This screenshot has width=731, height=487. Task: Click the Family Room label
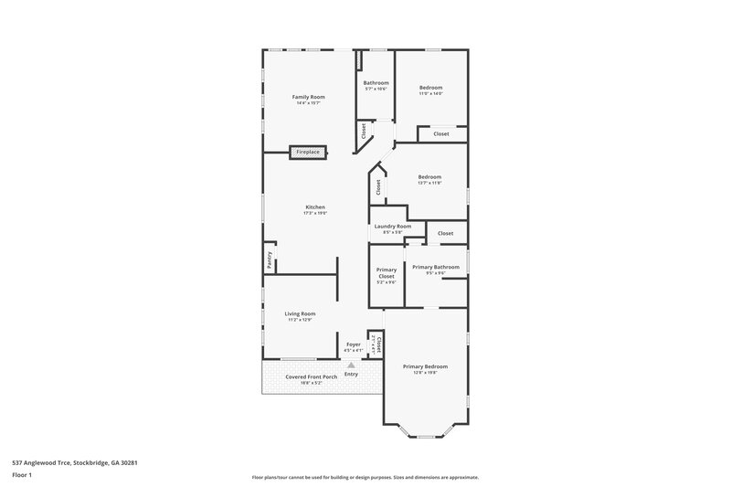click(308, 97)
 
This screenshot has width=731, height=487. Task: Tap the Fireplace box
click(308, 152)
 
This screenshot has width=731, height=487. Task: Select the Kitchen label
click(315, 206)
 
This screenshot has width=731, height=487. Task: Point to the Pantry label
click(270, 259)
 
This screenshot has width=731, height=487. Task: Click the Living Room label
click(301, 313)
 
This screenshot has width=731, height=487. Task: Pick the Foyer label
click(353, 344)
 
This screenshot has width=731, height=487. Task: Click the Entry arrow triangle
click(351, 365)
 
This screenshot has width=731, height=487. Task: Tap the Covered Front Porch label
click(311, 376)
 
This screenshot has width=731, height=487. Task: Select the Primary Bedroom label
click(425, 366)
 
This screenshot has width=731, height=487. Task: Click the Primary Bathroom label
click(435, 267)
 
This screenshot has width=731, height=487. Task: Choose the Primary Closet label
click(387, 272)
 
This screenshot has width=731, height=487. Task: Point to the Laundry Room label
click(392, 226)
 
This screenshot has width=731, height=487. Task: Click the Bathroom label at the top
click(376, 83)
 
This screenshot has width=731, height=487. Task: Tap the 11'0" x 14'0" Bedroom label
click(430, 88)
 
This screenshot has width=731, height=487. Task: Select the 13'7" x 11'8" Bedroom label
click(429, 176)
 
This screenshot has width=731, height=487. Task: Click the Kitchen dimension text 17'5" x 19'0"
click(315, 213)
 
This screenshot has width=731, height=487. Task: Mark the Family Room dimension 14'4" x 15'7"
click(308, 103)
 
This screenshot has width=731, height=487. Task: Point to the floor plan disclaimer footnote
click(365, 477)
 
